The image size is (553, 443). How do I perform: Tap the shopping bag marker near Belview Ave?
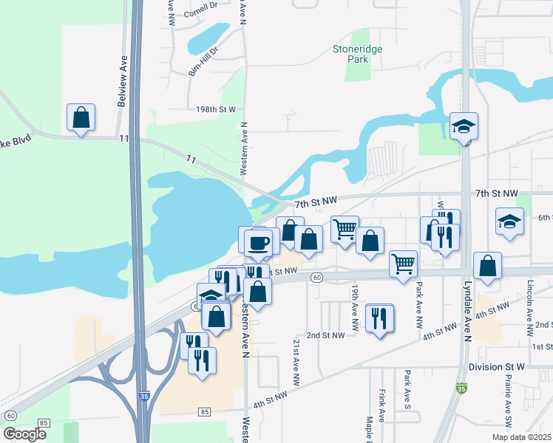click(81, 118)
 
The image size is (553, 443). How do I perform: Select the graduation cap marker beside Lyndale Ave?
click(464, 127)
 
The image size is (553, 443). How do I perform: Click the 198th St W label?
click(215, 109)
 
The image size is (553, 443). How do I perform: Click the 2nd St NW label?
click(326, 334)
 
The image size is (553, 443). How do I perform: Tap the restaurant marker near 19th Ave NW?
click(379, 319)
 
